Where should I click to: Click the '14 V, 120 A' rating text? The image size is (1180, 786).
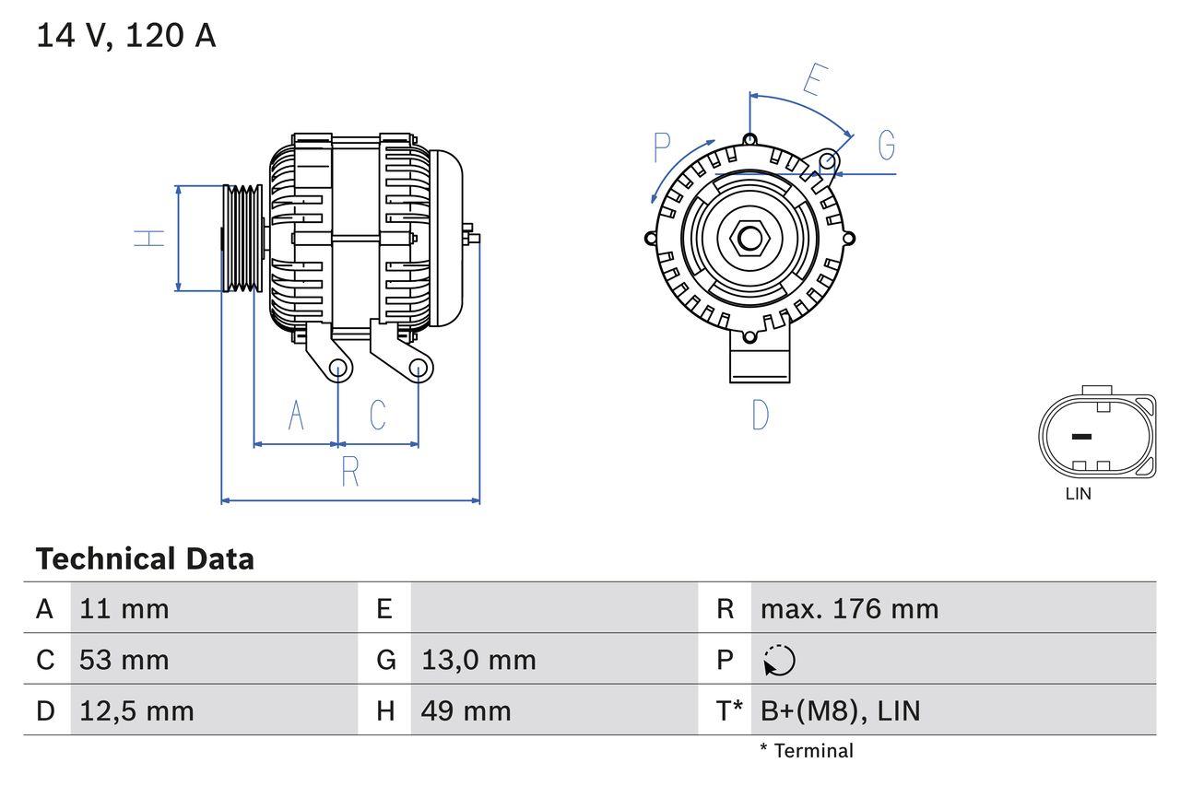(126, 36)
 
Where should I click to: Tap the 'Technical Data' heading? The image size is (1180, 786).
(145, 558)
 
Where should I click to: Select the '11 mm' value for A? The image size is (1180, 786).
(124, 608)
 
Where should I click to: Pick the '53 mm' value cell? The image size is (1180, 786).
(124, 660)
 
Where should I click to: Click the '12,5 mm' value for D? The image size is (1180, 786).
(136, 710)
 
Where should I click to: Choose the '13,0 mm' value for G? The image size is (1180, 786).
(478, 660)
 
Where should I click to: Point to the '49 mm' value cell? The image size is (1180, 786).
(466, 710)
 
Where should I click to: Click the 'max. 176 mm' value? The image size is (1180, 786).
(849, 608)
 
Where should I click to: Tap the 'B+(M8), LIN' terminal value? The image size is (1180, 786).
(840, 710)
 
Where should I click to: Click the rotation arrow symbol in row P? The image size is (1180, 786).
(779, 660)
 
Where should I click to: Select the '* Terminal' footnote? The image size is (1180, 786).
(807, 751)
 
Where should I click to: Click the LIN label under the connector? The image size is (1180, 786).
(1078, 494)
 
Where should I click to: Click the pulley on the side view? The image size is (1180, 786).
(242, 239)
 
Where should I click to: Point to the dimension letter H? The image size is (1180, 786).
(149, 238)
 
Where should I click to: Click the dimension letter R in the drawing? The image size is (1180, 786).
(350, 472)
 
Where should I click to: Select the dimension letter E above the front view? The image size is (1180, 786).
(811, 80)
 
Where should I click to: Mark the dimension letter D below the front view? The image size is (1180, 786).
(760, 415)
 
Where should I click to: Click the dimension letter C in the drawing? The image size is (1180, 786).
(378, 416)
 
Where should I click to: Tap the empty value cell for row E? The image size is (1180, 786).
(553, 608)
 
